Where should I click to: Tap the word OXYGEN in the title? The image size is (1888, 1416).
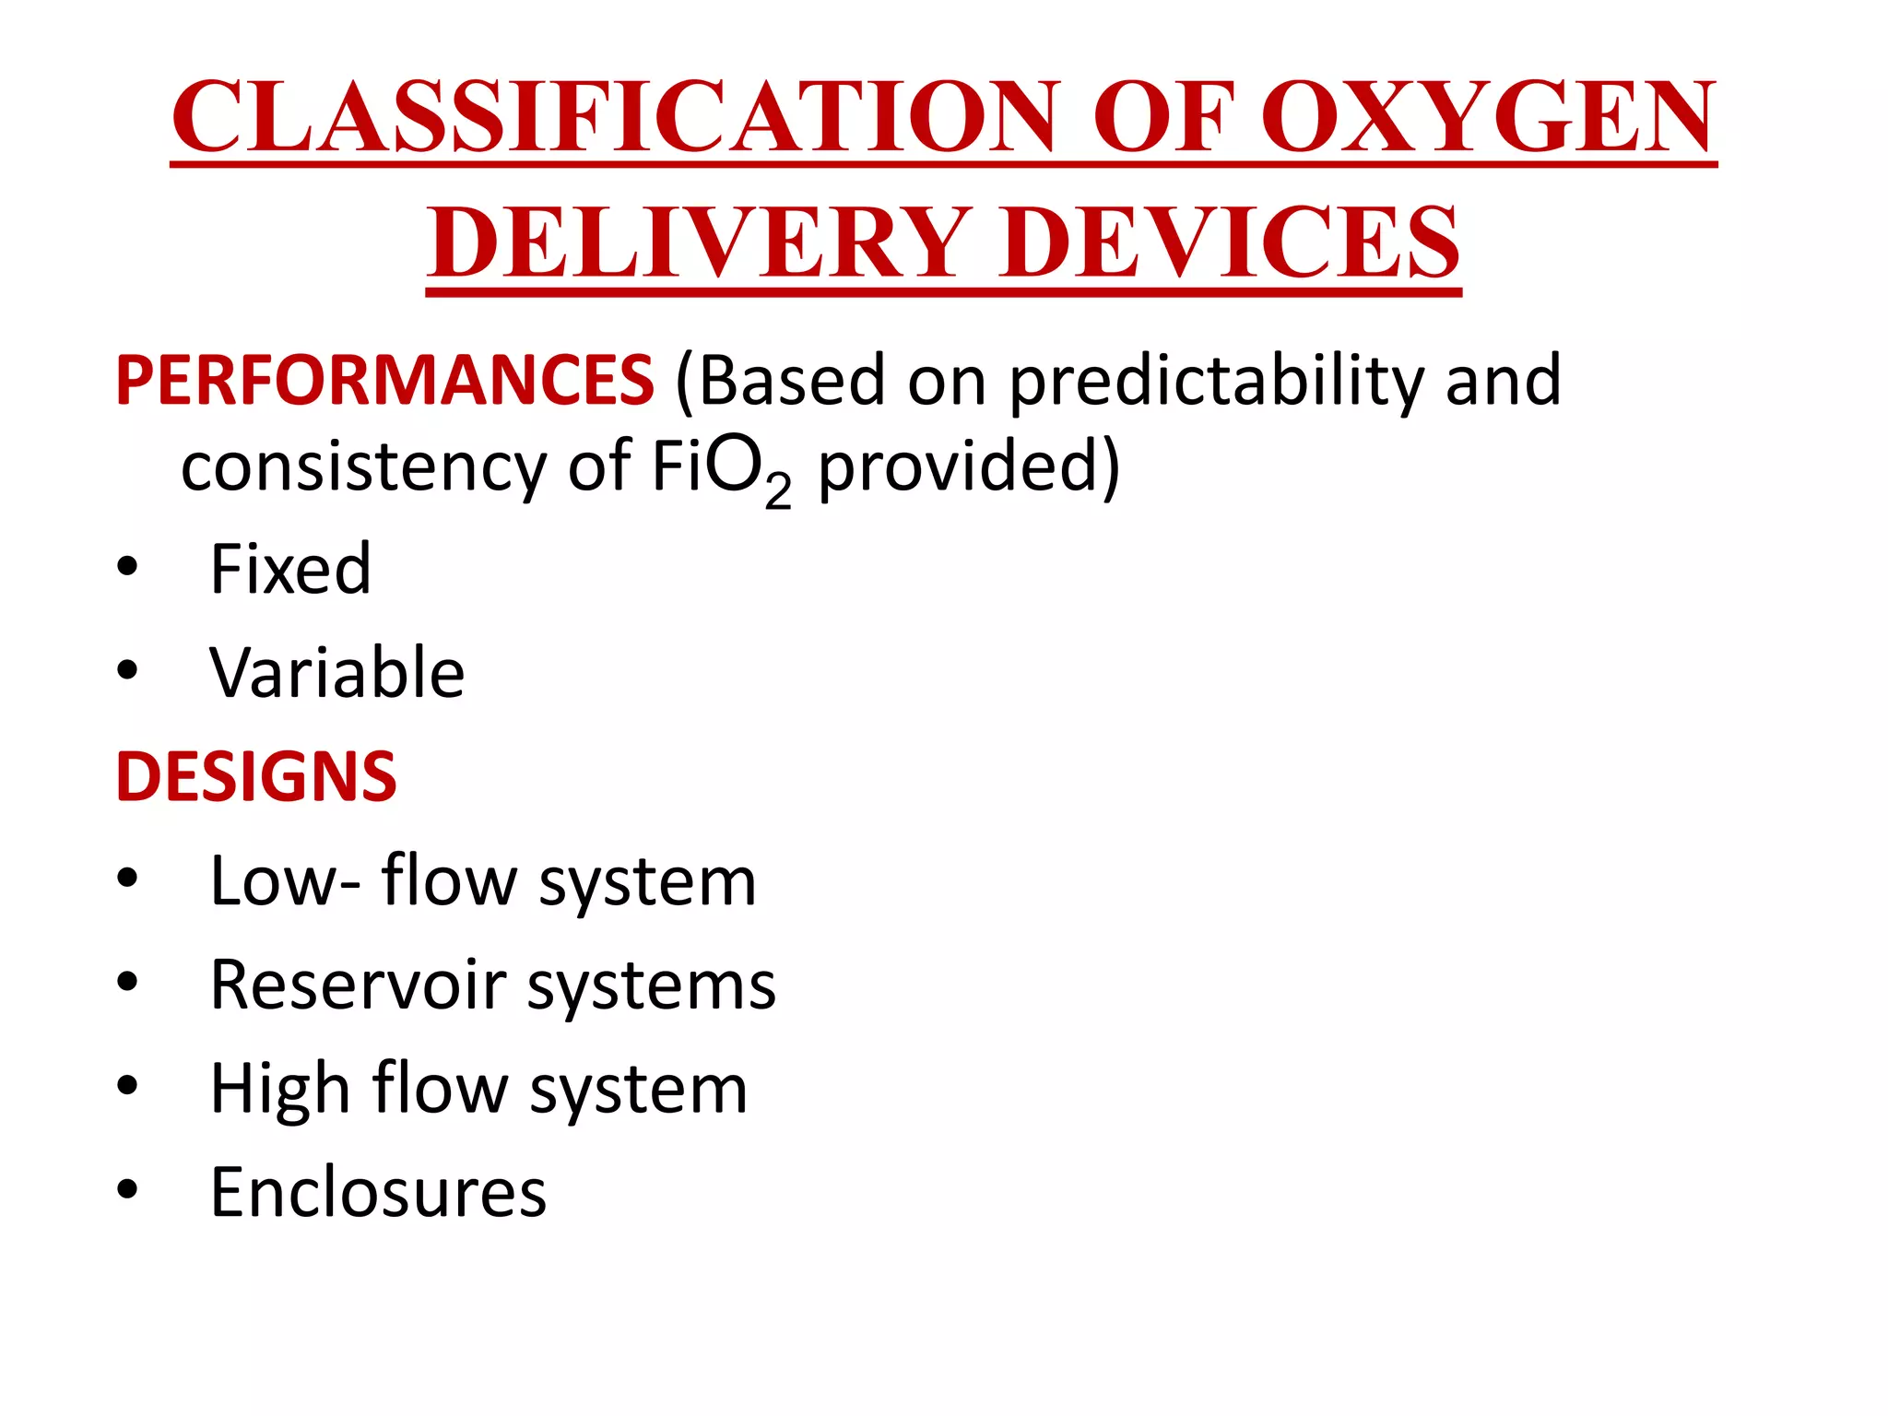pos(1487,117)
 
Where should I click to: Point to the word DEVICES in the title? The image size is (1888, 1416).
pos(1231,242)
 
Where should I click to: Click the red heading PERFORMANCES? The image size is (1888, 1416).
pos(384,381)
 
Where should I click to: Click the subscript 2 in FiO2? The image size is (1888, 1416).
pos(777,490)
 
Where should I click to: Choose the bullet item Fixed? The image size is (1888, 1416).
pos(290,569)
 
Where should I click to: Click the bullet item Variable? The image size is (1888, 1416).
pos(337,673)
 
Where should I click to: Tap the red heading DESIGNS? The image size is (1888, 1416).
pos(256,777)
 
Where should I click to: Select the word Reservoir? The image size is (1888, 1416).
pos(359,985)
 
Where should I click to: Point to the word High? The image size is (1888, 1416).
pos(279,1089)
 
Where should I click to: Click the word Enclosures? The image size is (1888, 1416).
pos(378,1193)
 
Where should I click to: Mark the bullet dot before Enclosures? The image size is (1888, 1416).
pos(127,1189)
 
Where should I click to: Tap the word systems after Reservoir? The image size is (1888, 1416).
pos(652,985)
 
